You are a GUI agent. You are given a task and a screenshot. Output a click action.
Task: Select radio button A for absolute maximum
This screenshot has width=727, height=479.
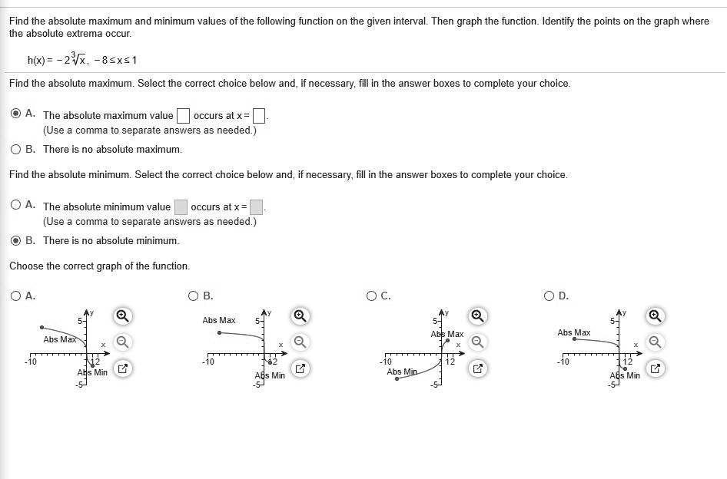(16, 114)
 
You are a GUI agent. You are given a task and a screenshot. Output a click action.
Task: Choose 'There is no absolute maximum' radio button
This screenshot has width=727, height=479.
(16, 149)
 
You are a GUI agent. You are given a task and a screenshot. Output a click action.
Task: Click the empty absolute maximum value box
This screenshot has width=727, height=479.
(183, 116)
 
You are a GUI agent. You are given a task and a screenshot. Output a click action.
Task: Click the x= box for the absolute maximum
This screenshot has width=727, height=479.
(259, 116)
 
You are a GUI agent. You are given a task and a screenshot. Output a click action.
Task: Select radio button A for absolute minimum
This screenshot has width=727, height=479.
(16, 205)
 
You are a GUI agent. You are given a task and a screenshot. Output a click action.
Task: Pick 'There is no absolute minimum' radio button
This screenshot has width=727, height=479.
(16, 240)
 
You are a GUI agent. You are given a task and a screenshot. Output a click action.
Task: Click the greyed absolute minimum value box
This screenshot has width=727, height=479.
(181, 206)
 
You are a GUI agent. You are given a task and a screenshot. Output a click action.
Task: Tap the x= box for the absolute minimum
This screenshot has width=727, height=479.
(256, 206)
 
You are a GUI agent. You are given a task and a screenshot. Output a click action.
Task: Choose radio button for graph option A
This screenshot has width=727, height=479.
(16, 296)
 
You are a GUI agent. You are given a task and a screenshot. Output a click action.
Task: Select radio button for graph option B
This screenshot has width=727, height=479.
(194, 296)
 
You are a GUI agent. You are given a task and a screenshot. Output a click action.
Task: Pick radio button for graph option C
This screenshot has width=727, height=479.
(372, 296)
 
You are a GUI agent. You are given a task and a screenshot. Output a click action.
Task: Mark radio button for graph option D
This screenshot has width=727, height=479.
(549, 296)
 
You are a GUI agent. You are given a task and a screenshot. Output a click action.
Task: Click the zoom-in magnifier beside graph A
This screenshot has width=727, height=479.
(123, 315)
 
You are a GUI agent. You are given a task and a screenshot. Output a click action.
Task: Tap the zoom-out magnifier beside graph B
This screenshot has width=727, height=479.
(300, 342)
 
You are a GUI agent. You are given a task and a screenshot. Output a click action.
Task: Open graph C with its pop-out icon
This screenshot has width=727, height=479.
(477, 368)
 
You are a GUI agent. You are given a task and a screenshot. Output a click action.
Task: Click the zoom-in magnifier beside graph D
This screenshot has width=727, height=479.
(655, 315)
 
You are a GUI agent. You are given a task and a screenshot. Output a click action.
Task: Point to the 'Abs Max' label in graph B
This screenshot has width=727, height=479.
(219, 320)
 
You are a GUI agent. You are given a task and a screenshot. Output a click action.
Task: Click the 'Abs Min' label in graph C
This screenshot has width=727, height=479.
(402, 372)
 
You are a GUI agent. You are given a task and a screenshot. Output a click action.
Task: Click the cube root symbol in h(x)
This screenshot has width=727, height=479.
(75, 59)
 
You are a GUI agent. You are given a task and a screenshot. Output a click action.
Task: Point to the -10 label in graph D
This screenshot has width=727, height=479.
(563, 362)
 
